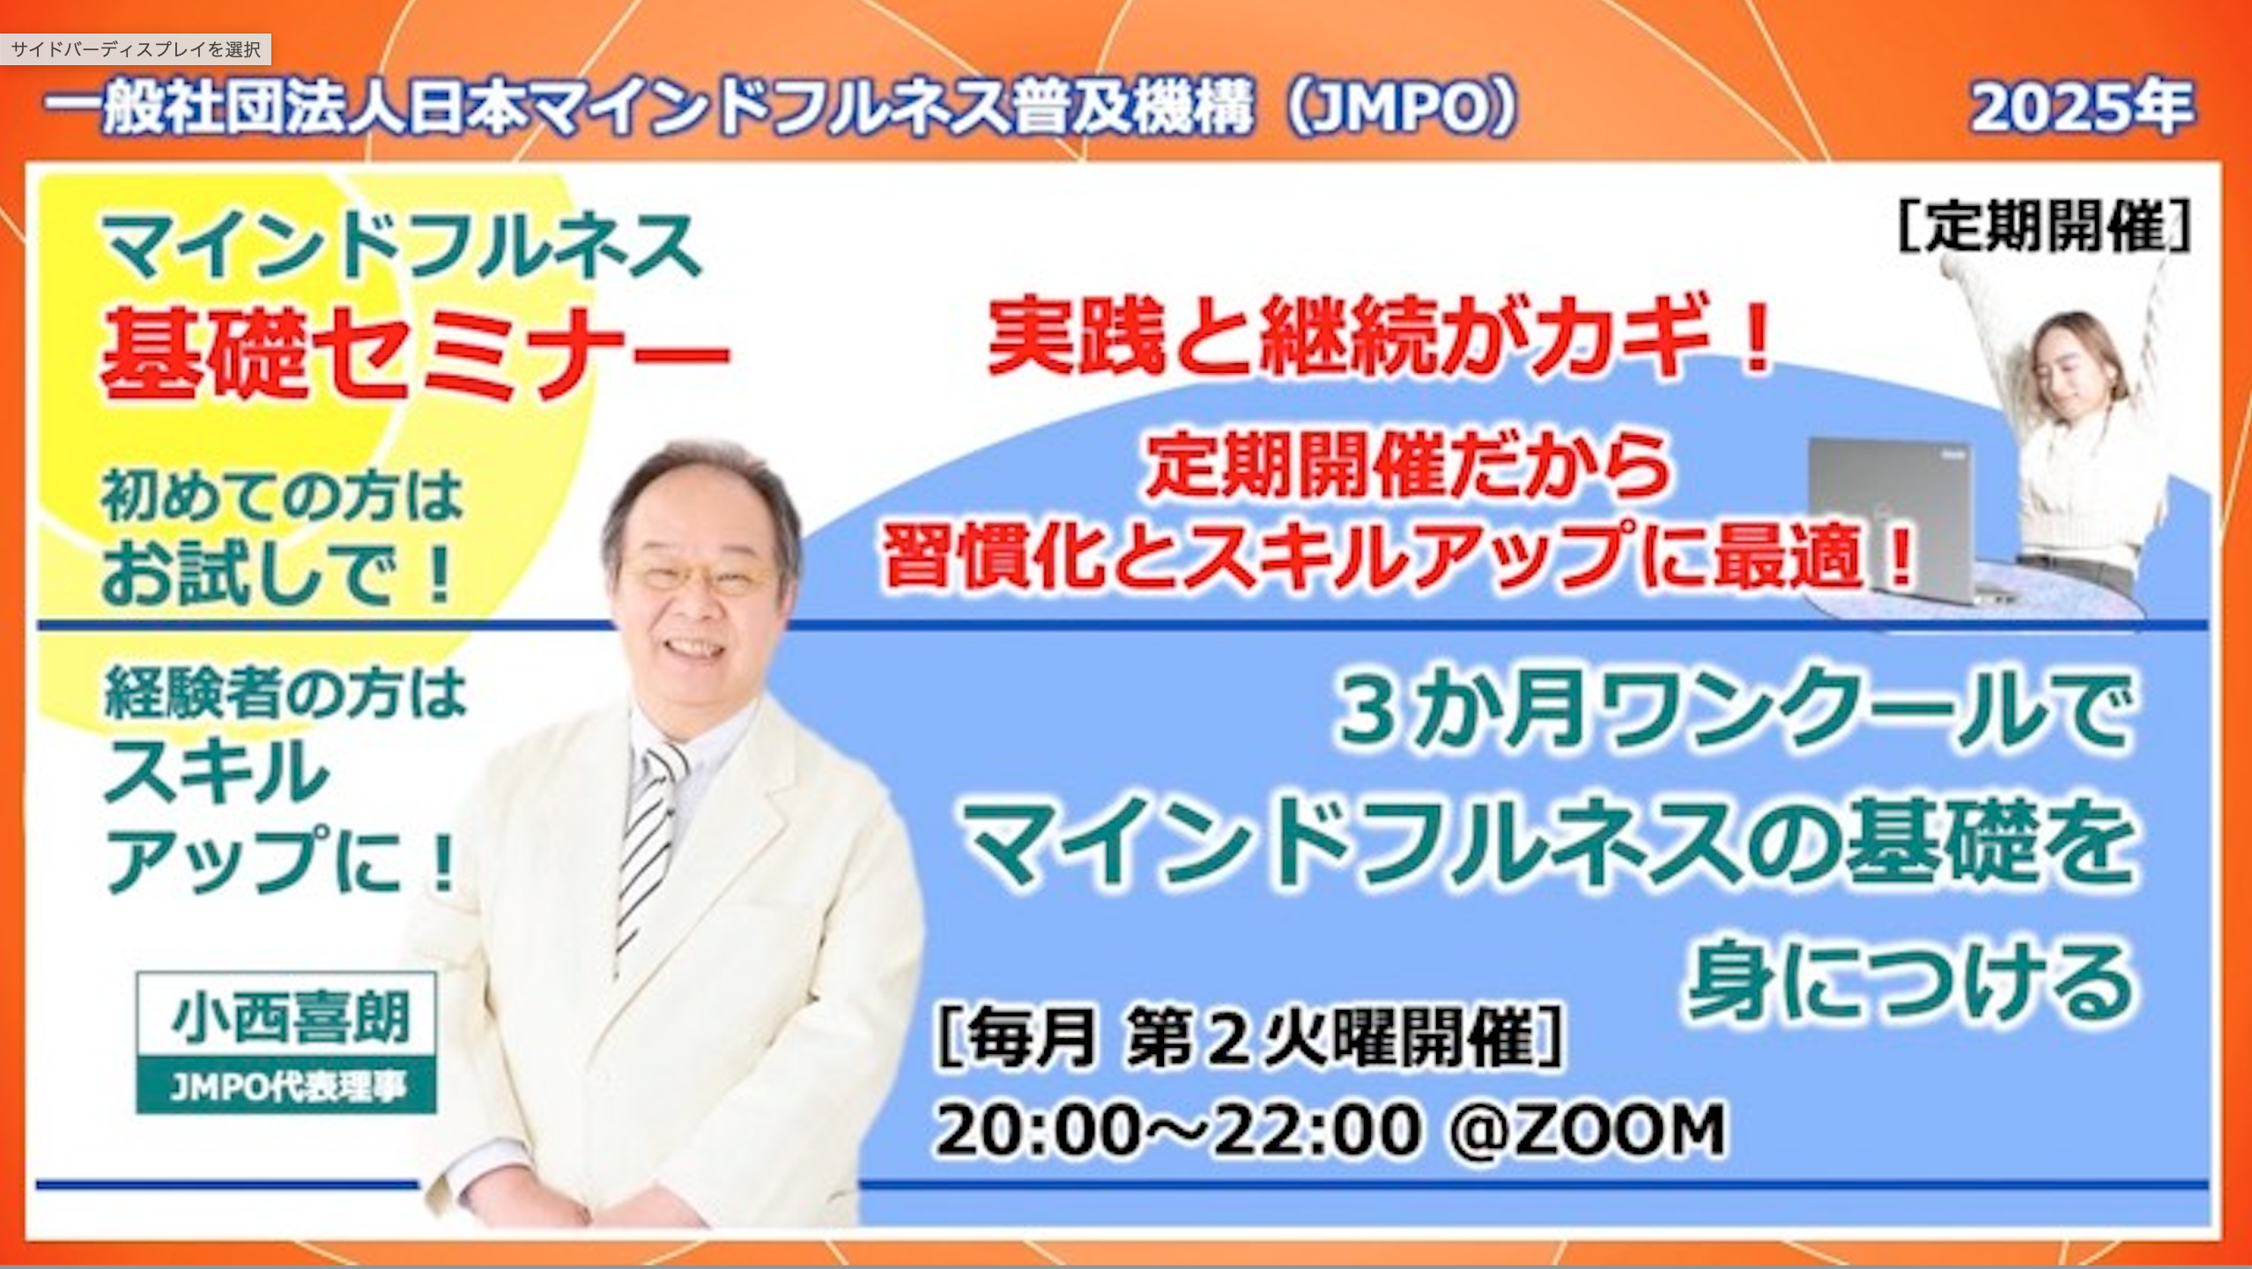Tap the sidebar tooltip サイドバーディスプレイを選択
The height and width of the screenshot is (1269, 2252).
[136, 49]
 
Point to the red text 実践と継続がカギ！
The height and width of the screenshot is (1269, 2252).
[1379, 338]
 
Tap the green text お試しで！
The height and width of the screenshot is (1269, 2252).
[280, 573]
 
